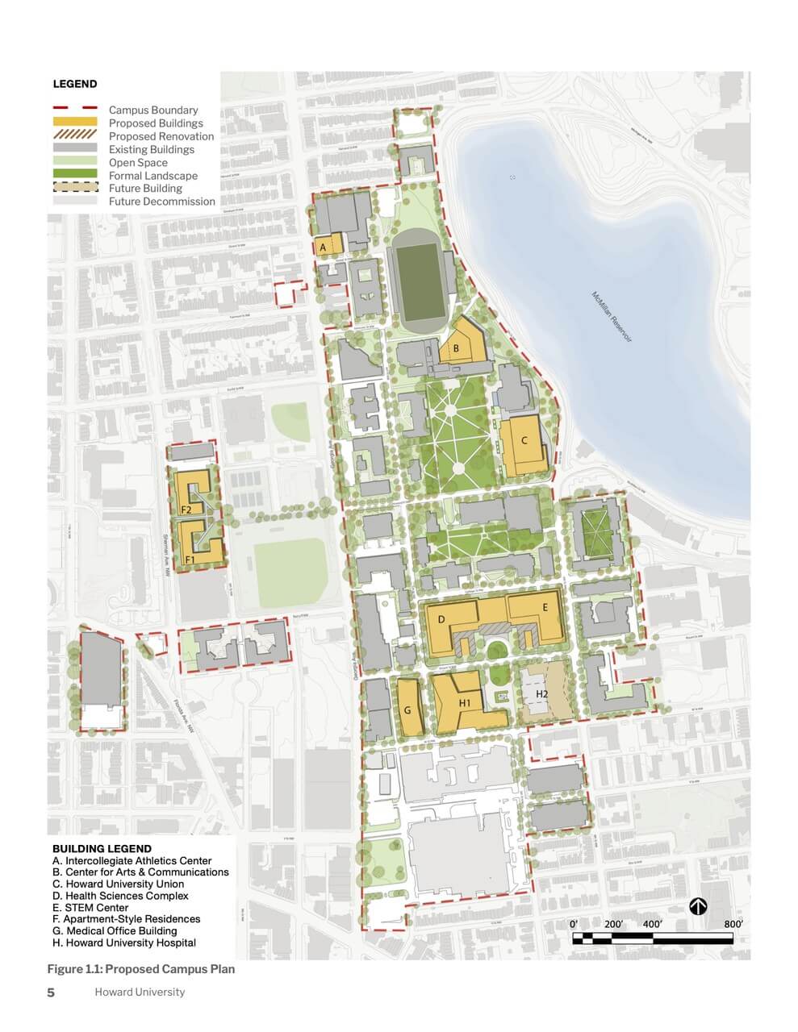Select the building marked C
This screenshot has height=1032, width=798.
[x=524, y=442]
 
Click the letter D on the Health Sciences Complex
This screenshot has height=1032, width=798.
[x=441, y=619]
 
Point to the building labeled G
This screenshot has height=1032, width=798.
[x=408, y=709]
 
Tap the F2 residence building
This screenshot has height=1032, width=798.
[x=186, y=510]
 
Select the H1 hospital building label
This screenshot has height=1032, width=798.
[x=465, y=703]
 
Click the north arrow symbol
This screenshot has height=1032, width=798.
[x=699, y=908]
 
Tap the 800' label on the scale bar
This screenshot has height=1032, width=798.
[x=733, y=924]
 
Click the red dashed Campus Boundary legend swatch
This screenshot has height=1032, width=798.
[x=74, y=109]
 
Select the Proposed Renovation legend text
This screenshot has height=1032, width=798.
[x=161, y=136]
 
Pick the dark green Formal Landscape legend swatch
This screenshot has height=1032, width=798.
[x=74, y=175]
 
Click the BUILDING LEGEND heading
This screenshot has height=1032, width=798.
[x=102, y=848]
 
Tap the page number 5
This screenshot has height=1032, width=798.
[x=51, y=992]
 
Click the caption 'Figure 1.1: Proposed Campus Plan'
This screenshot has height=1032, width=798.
[x=141, y=969]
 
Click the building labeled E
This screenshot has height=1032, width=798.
[x=545, y=607]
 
